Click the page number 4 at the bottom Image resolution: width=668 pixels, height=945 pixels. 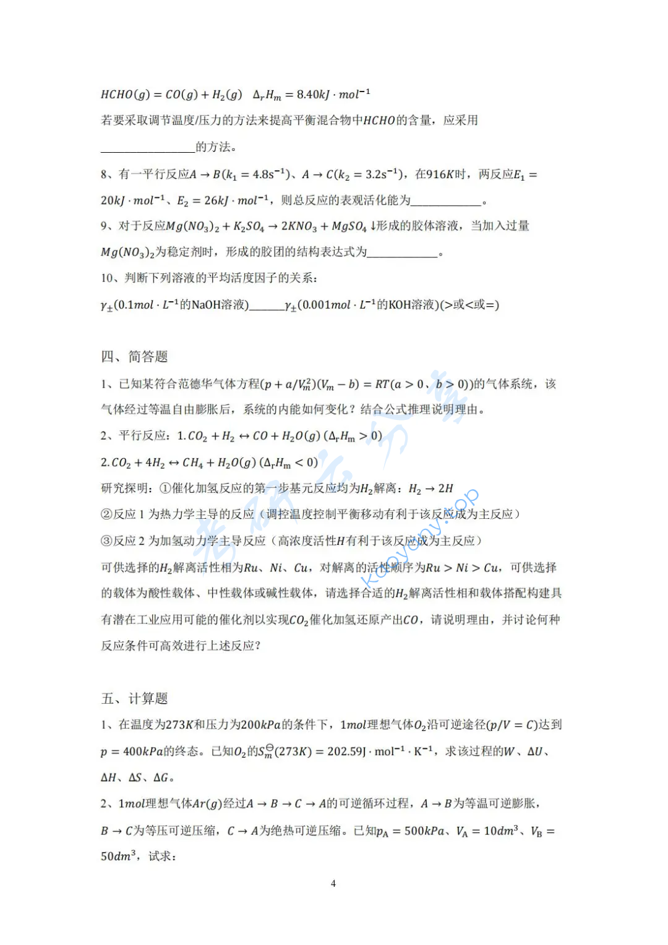point(333,883)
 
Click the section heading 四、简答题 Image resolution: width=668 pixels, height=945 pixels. point(134,357)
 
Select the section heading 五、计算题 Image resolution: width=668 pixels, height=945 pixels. point(134,699)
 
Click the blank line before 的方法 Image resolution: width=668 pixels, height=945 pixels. point(148,147)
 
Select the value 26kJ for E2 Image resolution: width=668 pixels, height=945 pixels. point(216,200)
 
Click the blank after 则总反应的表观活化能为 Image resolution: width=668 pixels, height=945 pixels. point(446,200)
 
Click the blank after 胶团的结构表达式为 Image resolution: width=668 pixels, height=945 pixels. point(403,252)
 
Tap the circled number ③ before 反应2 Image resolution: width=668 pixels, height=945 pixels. point(106,541)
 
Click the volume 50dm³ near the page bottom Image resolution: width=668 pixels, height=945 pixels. point(118,857)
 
